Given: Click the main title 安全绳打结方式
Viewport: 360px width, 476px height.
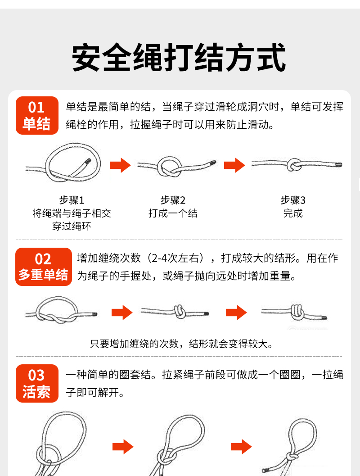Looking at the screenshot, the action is [x=179, y=58].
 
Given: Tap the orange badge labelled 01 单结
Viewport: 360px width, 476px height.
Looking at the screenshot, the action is [x=37, y=115].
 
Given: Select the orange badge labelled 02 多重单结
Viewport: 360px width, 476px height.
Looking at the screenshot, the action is [x=44, y=267].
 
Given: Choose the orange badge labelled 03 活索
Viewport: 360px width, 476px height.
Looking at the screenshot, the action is [x=37, y=383].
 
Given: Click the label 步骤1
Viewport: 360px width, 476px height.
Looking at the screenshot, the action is [x=72, y=200].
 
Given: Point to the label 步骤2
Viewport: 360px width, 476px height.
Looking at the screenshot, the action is [x=173, y=200].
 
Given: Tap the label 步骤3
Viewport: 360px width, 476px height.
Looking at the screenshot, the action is [x=293, y=200].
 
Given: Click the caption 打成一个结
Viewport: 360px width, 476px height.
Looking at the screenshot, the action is [x=173, y=213].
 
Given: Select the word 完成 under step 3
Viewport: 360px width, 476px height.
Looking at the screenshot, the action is [x=293, y=213].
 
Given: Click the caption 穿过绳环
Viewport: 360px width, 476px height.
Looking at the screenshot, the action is [x=72, y=226].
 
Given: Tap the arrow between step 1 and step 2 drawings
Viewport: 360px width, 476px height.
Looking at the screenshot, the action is [x=120, y=165].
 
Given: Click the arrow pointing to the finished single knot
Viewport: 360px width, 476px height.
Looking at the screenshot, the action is [x=234, y=165].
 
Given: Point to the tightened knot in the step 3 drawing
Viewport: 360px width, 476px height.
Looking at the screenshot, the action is [x=293, y=165].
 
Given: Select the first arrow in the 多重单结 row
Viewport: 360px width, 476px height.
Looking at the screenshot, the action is [x=122, y=313].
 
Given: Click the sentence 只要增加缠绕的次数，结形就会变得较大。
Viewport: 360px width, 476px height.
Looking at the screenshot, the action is [x=182, y=344].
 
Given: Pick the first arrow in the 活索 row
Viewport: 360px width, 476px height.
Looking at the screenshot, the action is [x=123, y=447].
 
